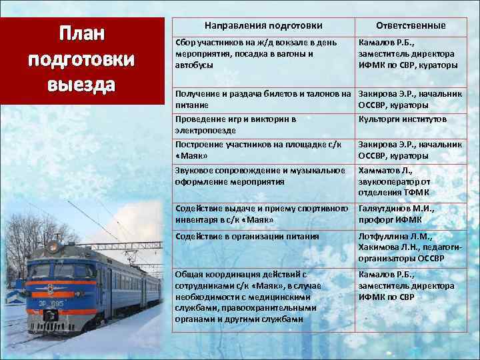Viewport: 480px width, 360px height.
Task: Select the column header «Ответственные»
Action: click(x=411, y=25)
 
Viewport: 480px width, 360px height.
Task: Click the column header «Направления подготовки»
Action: click(x=263, y=25)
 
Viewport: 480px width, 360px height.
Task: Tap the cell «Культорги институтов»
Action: click(x=403, y=119)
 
